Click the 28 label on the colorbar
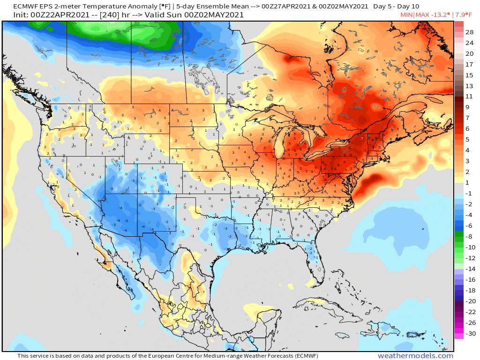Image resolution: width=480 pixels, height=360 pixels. pos(470,32)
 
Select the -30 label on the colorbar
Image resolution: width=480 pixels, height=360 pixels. pos(470,334)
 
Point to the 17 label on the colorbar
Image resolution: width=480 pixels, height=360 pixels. pos(469,65)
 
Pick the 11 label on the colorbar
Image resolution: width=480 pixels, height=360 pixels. pos(469,97)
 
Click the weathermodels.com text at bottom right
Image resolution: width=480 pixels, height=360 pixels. pos(415,356)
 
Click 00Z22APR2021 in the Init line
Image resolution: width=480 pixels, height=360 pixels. pos(55,15)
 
